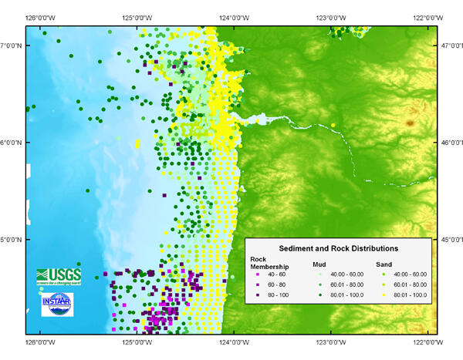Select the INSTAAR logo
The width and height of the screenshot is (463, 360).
57,302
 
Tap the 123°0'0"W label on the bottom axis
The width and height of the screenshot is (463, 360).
330,341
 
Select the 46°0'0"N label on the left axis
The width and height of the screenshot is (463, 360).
12,143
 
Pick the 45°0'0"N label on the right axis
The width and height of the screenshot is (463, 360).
450,239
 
